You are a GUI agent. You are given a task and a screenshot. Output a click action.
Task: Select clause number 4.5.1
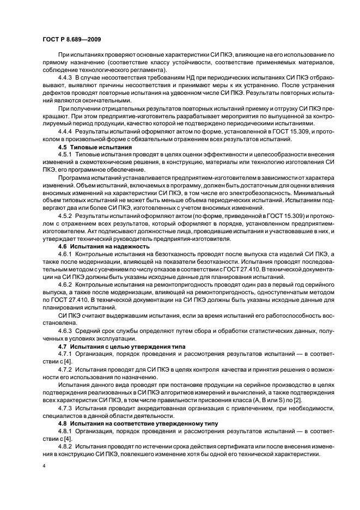[65, 155]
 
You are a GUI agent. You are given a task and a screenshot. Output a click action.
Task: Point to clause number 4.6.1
[65, 254]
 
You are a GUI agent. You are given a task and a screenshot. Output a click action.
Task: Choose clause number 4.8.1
[65, 431]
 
